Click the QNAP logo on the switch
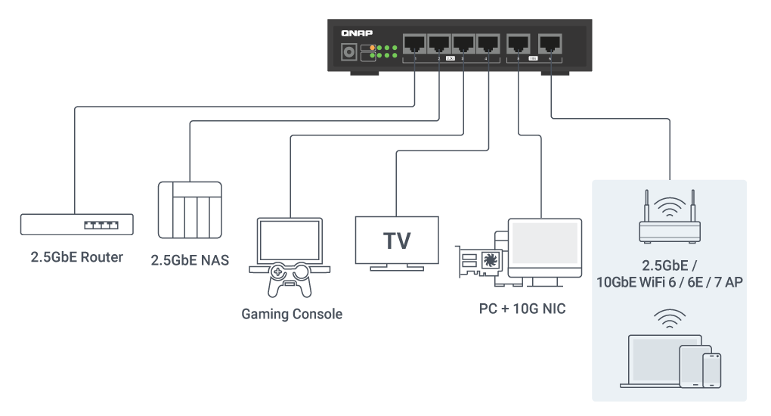(x=355, y=33)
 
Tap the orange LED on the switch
(x=373, y=48)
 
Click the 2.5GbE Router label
(x=76, y=257)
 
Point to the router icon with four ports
(x=76, y=225)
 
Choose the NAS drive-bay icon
(x=189, y=210)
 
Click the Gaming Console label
(x=292, y=313)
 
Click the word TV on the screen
(x=397, y=241)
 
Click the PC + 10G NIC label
(x=522, y=309)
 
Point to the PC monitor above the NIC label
(x=544, y=247)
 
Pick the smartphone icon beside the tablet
(x=711, y=371)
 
